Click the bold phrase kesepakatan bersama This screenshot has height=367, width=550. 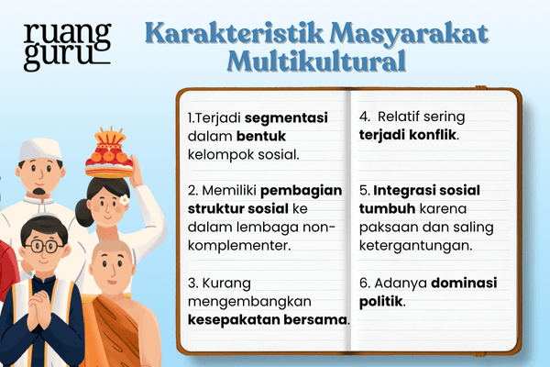pos(269,320)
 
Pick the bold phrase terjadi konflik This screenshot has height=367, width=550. pos(408,136)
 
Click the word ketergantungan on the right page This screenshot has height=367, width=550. pos(415,246)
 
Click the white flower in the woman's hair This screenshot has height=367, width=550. pos(125,199)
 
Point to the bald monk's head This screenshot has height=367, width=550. pos(111,254)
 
